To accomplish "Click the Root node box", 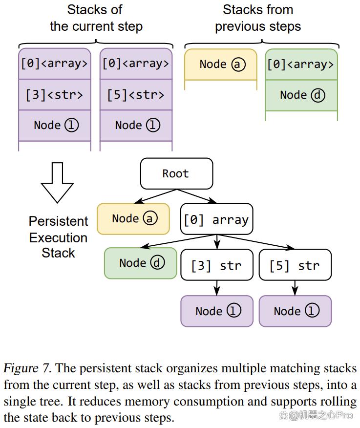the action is coord(177,173).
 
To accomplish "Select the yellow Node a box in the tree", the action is coord(133,218).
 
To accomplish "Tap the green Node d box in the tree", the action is coord(141,263).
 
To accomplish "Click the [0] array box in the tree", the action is coord(217,219).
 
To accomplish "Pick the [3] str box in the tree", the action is coord(217,265).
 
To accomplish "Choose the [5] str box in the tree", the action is coord(295,265).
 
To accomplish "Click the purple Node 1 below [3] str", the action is coord(217,311).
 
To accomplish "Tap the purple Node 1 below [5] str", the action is coord(295,311).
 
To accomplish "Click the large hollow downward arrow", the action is coord(57,182).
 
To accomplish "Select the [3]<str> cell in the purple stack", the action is coord(55,95).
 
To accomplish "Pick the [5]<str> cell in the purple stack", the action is coord(136,95).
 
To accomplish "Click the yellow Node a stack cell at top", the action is coord(221,64).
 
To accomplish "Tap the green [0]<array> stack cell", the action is coord(301,64).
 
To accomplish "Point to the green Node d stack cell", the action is coord(301,95).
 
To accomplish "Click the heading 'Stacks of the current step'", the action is coord(96,18).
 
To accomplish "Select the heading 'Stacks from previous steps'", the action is coord(258,18).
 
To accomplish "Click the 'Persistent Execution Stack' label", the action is coord(59,237).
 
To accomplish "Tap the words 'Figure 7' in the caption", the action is coord(27,368).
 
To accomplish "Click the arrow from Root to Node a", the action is coord(156,196).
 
